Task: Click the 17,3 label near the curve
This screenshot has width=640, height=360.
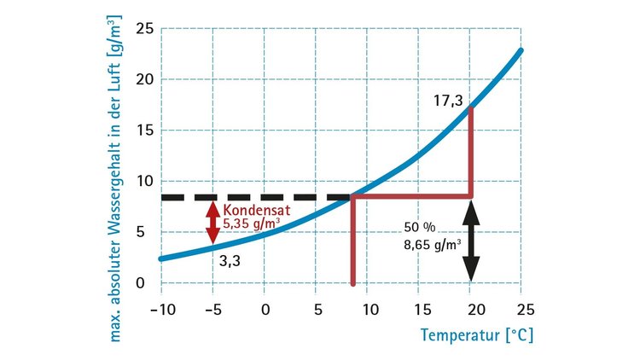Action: click(447, 102)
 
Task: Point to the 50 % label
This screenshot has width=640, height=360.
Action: click(419, 229)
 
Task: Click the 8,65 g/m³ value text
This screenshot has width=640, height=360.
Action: click(432, 243)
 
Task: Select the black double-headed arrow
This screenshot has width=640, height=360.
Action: click(471, 246)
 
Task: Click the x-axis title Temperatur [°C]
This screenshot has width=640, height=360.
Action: click(475, 334)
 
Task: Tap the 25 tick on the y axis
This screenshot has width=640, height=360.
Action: click(145, 30)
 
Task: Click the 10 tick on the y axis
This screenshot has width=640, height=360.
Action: click(145, 181)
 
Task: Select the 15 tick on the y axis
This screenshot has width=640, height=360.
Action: click(145, 131)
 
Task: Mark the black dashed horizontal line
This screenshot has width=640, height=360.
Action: click(256, 197)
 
